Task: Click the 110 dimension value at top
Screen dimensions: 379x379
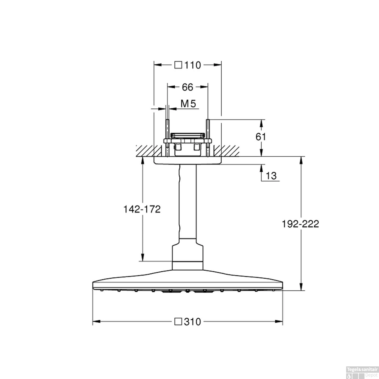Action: [193, 65]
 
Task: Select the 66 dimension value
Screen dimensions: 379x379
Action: [187, 87]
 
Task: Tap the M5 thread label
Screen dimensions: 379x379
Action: [188, 104]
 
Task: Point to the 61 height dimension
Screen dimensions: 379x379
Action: [260, 137]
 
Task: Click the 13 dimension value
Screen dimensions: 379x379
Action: [271, 176]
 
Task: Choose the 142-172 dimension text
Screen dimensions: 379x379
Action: [142, 209]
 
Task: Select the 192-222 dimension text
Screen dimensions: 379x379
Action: [300, 224]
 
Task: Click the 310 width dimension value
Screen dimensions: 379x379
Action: [193, 322]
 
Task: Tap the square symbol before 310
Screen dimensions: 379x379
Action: [178, 322]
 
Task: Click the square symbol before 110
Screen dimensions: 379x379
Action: [178, 65]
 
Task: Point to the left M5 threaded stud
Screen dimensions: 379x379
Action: [167, 138]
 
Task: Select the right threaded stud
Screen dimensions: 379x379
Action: [208, 138]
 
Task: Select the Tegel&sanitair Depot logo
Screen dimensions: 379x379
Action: [362, 372]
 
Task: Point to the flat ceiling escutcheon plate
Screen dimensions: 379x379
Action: [187, 161]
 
